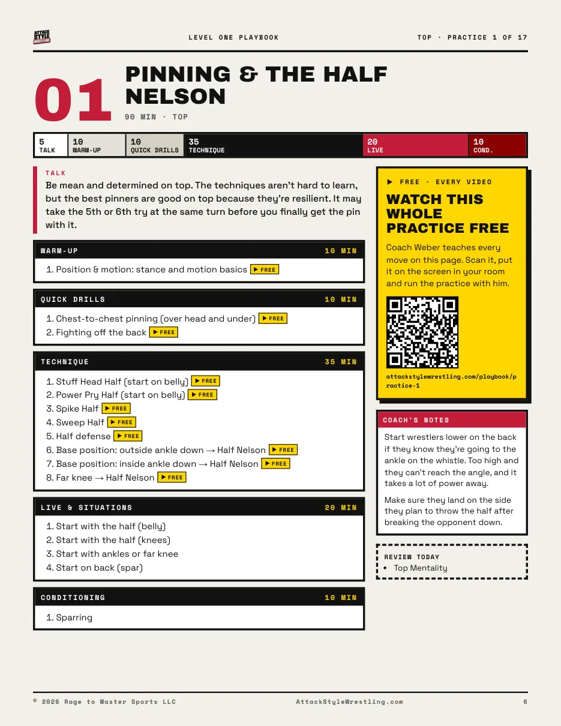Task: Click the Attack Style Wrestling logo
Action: coord(42,37)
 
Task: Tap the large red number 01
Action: coord(73,99)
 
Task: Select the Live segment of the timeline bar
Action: coord(415,145)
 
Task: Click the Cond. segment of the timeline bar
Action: coord(497,145)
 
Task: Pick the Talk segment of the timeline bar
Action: coord(51,145)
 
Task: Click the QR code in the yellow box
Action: coord(422,332)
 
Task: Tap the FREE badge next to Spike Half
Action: coord(116,408)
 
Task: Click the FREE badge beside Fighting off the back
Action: coord(163,332)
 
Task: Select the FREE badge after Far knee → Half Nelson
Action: coord(172,477)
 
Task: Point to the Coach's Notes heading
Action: coord(416,420)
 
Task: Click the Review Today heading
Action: coord(412,557)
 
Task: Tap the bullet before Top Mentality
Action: coord(385,568)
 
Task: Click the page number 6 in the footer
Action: coord(525,701)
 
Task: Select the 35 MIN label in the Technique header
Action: coord(340,362)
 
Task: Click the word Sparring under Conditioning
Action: coord(74,617)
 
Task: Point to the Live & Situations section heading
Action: coord(86,508)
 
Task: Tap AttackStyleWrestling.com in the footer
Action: coord(349,701)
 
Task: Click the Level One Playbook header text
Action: coord(233,37)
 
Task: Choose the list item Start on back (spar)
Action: coord(95,568)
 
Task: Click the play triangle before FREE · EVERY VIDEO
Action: coord(389,182)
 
